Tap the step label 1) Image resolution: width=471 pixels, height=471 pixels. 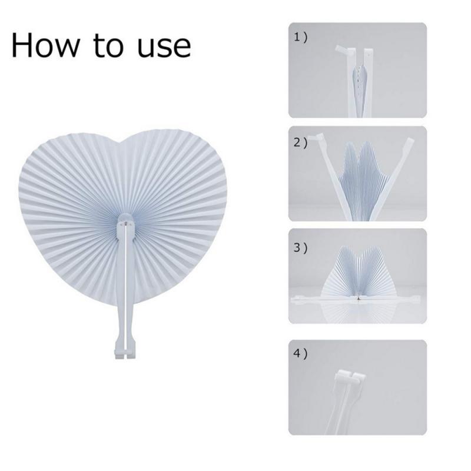point(300,38)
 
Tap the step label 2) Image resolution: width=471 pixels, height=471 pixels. point(301,142)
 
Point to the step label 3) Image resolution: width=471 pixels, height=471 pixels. point(301,247)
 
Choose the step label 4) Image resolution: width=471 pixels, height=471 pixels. point(301,354)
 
